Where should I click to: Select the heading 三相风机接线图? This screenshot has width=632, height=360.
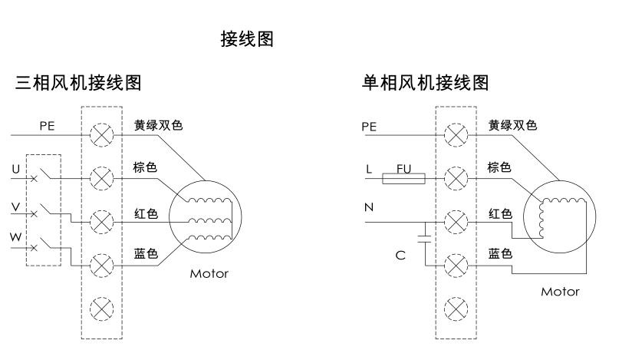[x=78, y=82]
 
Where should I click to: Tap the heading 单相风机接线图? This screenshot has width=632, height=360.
[x=425, y=82]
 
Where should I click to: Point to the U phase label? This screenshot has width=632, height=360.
[x=16, y=168]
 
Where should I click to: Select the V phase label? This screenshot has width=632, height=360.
[x=16, y=206]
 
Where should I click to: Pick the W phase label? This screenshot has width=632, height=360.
[x=16, y=237]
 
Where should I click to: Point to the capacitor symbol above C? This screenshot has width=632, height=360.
[x=423, y=233]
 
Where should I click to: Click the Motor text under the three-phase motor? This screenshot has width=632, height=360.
[x=209, y=274]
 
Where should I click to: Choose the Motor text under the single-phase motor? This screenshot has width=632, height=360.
[x=561, y=292]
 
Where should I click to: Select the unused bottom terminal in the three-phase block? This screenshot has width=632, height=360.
[x=101, y=309]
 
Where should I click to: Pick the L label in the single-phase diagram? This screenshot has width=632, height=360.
[x=369, y=168]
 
